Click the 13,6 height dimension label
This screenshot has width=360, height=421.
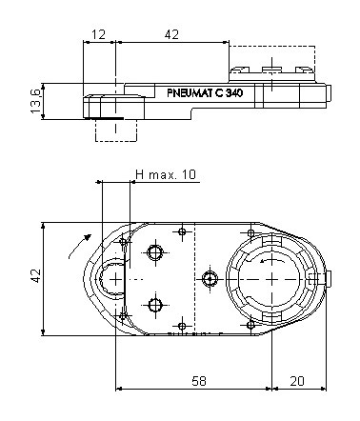(x=35, y=101)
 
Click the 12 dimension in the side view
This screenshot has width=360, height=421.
(x=98, y=34)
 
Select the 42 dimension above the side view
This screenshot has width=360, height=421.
(x=171, y=34)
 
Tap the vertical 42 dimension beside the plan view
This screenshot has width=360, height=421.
(x=35, y=275)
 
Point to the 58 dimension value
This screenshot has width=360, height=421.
(x=199, y=381)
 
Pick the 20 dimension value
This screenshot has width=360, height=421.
(x=297, y=381)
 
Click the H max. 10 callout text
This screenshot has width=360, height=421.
(x=166, y=174)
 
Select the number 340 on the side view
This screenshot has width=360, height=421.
(x=234, y=93)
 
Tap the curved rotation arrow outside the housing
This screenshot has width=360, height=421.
(x=79, y=246)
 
